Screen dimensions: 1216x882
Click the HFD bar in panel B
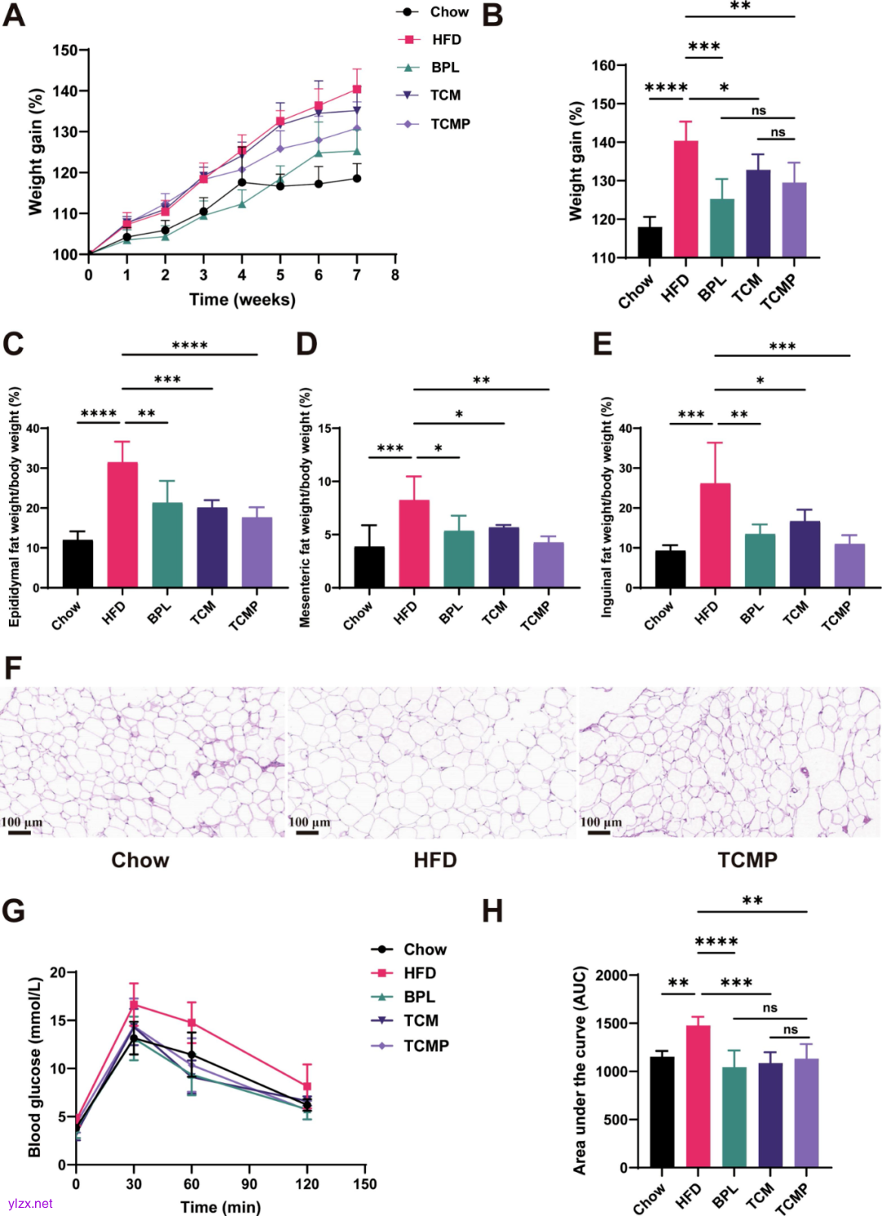coord(686,199)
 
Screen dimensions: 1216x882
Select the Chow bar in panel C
coord(78,563)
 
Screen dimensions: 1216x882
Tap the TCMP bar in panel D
coord(548,565)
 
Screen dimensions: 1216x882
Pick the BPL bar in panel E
coord(759,561)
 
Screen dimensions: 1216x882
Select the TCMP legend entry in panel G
coord(425,1045)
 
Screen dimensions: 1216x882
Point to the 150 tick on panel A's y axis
coord(65,51)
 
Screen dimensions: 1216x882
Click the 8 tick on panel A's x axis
coord(395,275)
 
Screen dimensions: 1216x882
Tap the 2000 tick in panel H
coord(612,975)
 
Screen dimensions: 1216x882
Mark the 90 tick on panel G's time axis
coord(249,1184)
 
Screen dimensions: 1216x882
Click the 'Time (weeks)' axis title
coord(243,300)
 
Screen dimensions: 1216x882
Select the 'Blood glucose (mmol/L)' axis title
coord(34,1067)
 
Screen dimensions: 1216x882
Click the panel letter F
coord(12,669)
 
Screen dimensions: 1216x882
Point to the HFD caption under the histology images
coord(434,860)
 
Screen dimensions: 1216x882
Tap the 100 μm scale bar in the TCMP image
coord(599,833)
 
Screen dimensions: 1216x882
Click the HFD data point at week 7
coord(357,89)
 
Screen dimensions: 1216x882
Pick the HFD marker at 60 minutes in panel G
coord(192,1022)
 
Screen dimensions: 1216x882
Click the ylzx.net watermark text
coord(30,1204)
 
